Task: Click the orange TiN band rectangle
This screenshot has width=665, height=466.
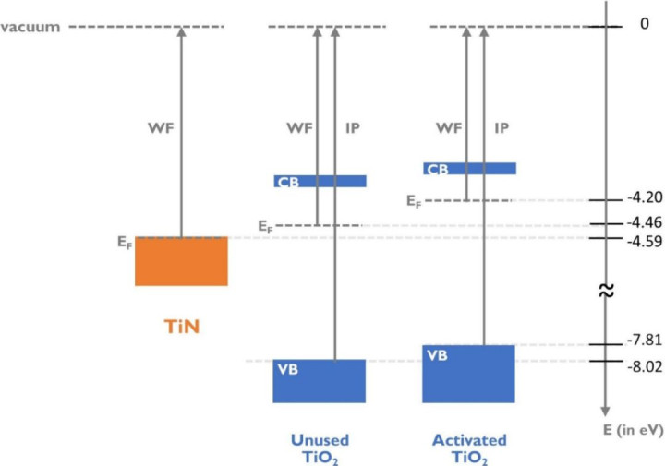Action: pos(181,261)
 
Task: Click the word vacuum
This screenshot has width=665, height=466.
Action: pos(30,27)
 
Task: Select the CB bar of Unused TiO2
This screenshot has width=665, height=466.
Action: pos(320,181)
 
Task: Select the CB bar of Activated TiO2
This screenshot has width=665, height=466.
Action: pos(469,169)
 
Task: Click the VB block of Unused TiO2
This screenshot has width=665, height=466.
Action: pos(320,381)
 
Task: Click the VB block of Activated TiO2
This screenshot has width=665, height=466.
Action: pos(469,374)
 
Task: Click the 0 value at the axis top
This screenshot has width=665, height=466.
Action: pos(644,24)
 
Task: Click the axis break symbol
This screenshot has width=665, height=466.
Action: pos(605,291)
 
